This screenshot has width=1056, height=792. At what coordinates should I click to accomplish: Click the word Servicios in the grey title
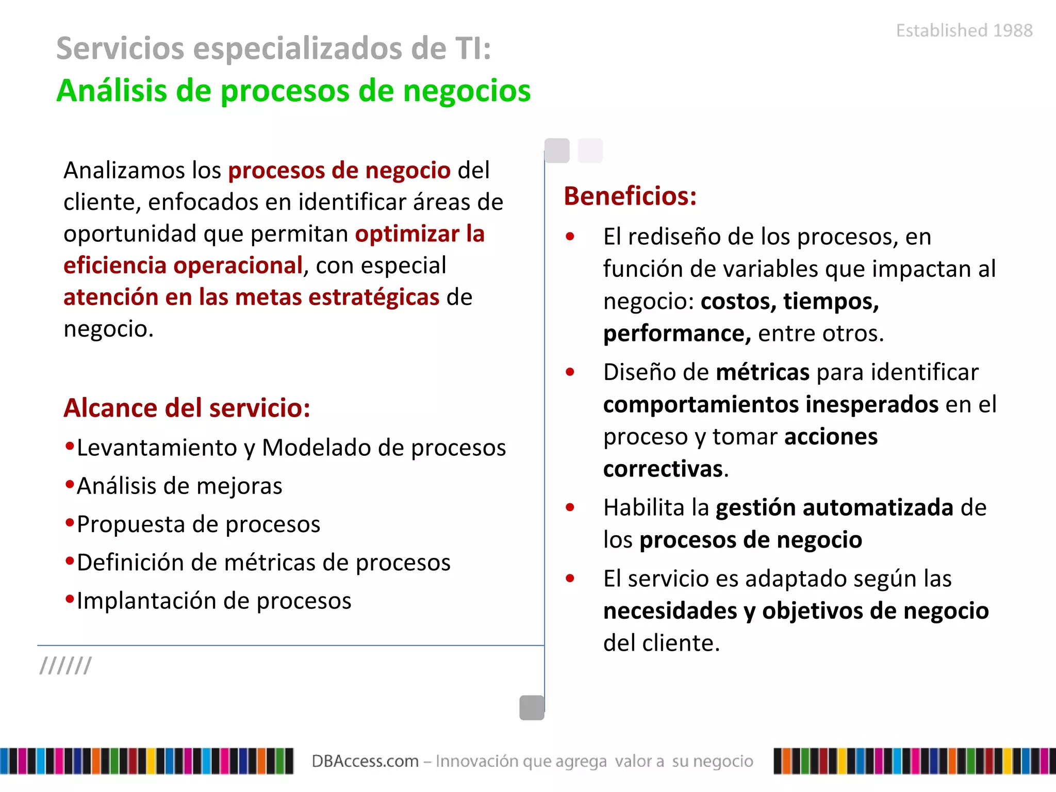click(x=120, y=48)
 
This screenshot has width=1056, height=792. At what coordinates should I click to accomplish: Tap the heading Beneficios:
click(x=630, y=196)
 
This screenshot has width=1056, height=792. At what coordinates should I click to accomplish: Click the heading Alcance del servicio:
click(x=187, y=408)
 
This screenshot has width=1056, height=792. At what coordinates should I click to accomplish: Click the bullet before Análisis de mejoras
click(x=70, y=484)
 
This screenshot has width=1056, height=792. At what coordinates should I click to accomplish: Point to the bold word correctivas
click(x=663, y=469)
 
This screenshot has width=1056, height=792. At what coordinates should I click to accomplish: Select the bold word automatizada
click(x=878, y=508)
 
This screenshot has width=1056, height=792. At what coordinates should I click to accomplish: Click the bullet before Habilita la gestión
click(x=570, y=507)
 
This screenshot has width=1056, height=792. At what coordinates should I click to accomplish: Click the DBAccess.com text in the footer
click(x=365, y=761)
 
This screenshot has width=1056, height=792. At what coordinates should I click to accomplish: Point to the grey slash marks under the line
click(x=65, y=666)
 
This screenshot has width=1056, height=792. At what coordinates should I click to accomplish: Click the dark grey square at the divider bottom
click(x=532, y=707)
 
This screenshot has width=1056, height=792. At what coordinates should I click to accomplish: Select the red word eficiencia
click(x=115, y=266)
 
